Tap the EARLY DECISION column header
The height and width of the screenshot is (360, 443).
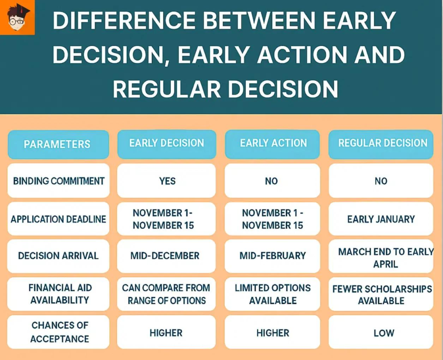click(167, 143)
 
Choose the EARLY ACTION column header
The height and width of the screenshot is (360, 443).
click(273, 143)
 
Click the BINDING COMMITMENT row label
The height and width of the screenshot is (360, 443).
click(58, 181)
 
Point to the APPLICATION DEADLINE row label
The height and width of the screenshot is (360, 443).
click(58, 219)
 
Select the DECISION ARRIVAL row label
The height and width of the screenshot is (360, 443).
click(58, 256)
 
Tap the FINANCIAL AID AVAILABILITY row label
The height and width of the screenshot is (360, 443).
click(58, 294)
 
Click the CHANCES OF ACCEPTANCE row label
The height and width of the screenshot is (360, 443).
click(58, 332)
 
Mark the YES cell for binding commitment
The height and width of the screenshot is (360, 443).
click(167, 181)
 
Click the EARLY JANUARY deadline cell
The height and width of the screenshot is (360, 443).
click(381, 219)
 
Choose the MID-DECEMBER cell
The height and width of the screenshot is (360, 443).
click(165, 256)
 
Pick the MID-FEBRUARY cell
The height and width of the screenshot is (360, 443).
click(273, 256)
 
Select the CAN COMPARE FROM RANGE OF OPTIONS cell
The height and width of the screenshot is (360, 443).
click(166, 294)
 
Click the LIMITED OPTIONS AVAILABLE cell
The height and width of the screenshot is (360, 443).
click(273, 294)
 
